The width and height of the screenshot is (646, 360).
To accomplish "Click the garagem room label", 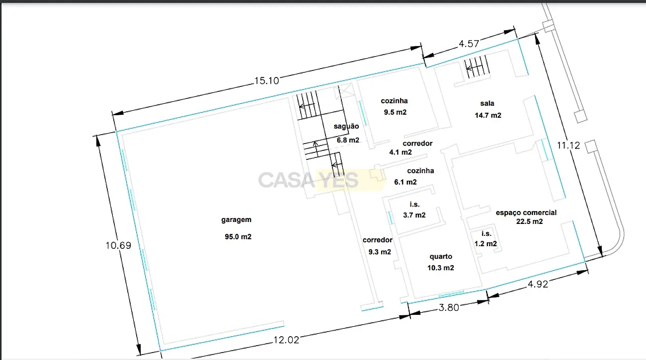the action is click(236, 220).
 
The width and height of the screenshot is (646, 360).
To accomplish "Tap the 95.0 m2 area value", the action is click(238, 237).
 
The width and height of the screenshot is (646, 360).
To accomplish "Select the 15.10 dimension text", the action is click(267, 81).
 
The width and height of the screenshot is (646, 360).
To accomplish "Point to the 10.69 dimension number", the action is click(118, 245).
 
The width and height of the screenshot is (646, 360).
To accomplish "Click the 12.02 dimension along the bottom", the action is click(286, 340).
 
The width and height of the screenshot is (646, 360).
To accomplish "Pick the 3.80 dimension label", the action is click(449, 307).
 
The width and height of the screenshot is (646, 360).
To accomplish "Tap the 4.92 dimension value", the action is click(538, 284).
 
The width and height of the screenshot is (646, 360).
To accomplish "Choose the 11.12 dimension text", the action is click(568, 145).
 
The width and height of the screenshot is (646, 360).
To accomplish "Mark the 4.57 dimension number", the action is click(469, 44).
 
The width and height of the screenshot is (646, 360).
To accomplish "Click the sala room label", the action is click(487, 103).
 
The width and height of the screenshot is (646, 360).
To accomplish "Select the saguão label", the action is click(346, 126).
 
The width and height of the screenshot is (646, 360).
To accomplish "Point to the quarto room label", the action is click(441, 257).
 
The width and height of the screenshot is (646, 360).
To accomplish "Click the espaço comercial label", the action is click(526, 213).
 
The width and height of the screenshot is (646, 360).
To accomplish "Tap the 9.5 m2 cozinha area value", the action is click(395, 112).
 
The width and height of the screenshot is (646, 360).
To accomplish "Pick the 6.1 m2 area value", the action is click(405, 182).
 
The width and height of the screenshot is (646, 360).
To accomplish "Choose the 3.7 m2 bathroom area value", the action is click(414, 215).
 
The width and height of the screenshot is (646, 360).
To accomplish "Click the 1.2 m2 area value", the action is click(485, 244).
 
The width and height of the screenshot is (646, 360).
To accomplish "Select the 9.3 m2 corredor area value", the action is click(380, 252).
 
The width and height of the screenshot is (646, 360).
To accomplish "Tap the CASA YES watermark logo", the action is click(322, 180).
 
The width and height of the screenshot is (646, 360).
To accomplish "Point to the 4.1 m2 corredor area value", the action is click(401, 152).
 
